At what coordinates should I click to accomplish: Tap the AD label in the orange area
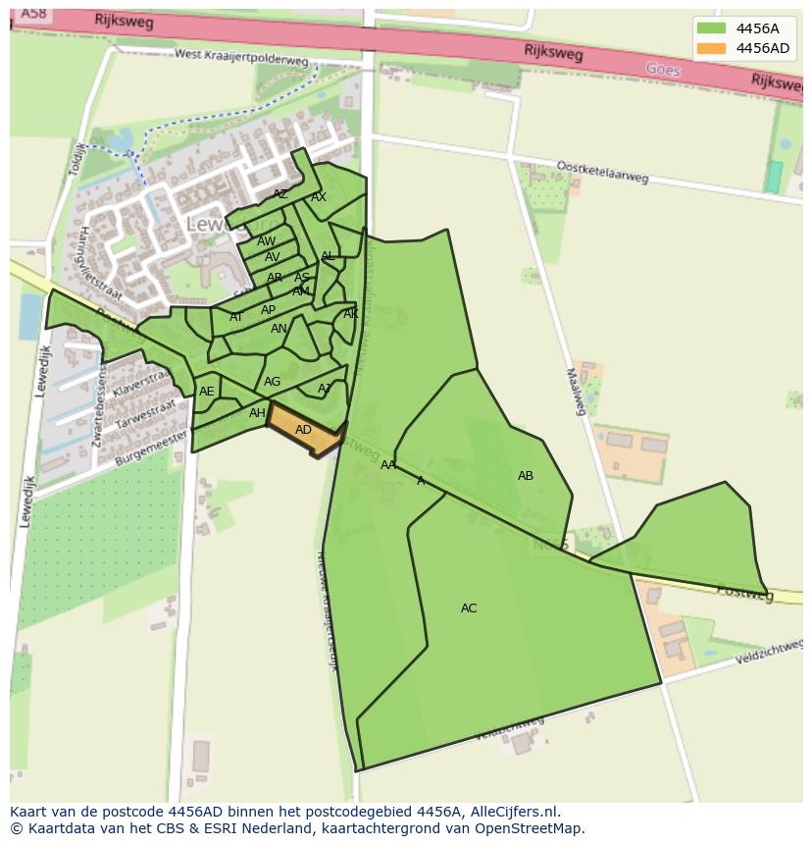(x=303, y=430)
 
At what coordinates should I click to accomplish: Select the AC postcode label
(x=469, y=608)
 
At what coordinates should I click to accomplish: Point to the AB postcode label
(x=526, y=476)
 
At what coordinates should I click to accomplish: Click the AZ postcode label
(x=280, y=194)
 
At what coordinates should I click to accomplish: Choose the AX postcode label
(x=319, y=197)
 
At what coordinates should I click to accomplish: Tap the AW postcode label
(x=266, y=241)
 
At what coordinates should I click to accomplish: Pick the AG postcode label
(x=272, y=382)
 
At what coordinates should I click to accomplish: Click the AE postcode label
(x=206, y=392)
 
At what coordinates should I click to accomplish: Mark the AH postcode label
(x=257, y=413)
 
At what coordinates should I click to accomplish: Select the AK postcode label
(x=350, y=314)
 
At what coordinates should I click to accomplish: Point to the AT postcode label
(x=236, y=317)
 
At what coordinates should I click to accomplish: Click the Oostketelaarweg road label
(x=602, y=172)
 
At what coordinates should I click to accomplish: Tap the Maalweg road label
(x=576, y=391)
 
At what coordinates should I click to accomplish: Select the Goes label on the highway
(x=663, y=69)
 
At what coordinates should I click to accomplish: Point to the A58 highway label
(x=32, y=13)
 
